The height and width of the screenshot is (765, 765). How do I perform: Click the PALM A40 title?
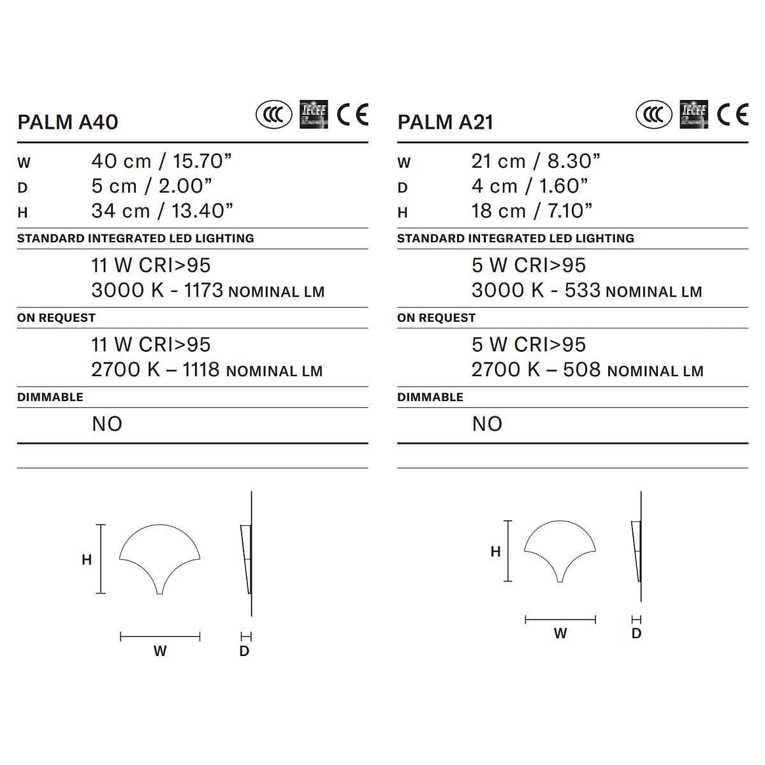point(68,122)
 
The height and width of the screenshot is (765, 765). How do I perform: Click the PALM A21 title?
point(446,122)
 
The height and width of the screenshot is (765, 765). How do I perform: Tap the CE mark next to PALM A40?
point(353,115)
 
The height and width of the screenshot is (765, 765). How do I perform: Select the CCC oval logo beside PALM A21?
point(654,115)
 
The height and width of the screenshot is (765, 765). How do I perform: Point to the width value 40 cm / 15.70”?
point(161,161)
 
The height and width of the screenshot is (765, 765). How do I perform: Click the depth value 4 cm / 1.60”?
point(530,186)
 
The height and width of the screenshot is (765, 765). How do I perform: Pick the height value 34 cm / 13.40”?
point(162,211)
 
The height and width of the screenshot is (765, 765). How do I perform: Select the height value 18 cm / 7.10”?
point(532,211)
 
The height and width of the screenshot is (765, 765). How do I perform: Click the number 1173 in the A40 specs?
point(203,290)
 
